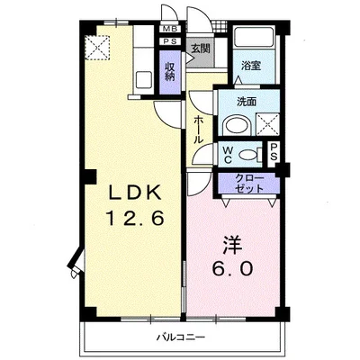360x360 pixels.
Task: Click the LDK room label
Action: coord(135,192)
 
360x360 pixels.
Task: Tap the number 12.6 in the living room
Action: coord(135,218)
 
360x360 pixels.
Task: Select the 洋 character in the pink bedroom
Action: coord(232,245)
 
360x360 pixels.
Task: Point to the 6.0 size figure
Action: coord(232,269)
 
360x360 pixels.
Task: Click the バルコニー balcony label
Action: coord(181,337)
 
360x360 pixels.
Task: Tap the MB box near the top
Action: coord(171,29)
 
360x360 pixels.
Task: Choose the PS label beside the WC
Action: coord(274,152)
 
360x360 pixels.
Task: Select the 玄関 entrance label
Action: coord(201,49)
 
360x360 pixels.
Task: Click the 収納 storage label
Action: coord(170,71)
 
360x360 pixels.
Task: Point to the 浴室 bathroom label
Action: coord(251,66)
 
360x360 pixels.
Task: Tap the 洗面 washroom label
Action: coord(247,102)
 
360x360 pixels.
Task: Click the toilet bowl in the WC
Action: coord(248,155)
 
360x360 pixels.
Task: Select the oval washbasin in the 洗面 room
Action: coord(238,126)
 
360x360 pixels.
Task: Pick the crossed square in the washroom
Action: coord(267,124)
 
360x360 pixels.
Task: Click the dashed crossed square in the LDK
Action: coord(97,48)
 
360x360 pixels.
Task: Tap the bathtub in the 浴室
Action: coord(254,37)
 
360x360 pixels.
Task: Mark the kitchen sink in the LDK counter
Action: coord(143,79)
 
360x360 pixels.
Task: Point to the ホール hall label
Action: coord(199,130)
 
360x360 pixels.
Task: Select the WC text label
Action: coord(228,155)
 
